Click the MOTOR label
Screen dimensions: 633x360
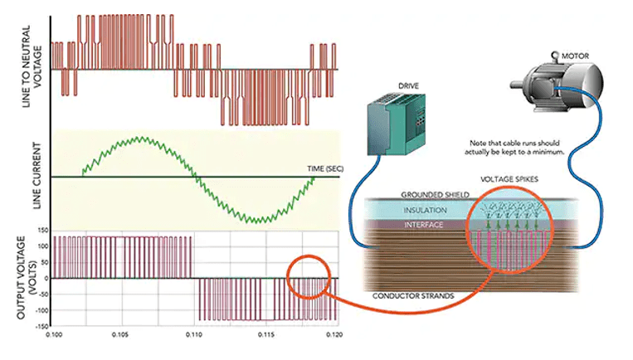tap(575, 56)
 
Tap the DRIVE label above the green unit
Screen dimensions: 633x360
tap(408, 86)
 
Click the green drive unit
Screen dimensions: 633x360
tap(396, 124)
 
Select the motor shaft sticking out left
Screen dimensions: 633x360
tap(517, 85)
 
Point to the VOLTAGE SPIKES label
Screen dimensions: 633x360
tap(509, 179)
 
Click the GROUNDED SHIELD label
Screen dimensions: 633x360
tap(435, 195)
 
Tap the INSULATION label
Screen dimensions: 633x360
tap(425, 210)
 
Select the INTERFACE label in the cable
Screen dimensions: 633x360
tap(423, 225)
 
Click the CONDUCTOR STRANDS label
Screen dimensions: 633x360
tap(413, 296)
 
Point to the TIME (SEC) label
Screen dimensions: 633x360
tap(325, 168)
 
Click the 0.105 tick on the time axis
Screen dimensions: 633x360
tap(120, 334)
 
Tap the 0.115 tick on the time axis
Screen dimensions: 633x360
tap(265, 334)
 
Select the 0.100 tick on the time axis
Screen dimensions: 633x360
tap(54, 334)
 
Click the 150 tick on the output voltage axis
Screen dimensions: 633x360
tap(42, 231)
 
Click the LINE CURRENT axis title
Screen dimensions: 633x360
tap(37, 176)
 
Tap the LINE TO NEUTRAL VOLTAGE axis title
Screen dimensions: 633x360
tap(32, 66)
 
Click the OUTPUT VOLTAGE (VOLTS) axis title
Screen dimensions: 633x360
tap(27, 278)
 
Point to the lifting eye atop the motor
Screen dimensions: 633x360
tap(555, 56)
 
